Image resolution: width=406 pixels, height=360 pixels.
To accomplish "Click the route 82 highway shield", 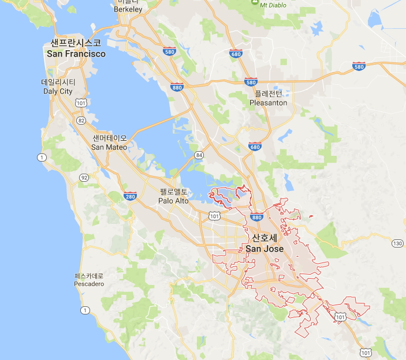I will pyautogui.click(x=81, y=120).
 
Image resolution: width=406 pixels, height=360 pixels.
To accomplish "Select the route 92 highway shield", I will pyautogui.click(x=84, y=178).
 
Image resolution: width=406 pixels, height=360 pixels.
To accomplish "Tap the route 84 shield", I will pyautogui.click(x=199, y=155).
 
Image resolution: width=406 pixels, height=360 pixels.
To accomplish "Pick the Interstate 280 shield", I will pyautogui.click(x=130, y=197).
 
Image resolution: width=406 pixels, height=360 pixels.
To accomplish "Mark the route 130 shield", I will pyautogui.click(x=397, y=243).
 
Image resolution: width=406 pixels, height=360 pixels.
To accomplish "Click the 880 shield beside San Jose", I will pyautogui.click(x=256, y=217).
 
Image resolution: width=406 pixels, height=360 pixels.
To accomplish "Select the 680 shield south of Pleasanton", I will pyautogui.click(x=254, y=147).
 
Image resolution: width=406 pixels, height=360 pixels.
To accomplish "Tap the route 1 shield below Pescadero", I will pyautogui.click(x=85, y=311).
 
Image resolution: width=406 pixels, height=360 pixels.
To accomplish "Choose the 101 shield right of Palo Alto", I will pyautogui.click(x=214, y=216).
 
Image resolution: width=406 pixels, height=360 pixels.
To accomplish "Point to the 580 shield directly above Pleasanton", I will pyautogui.click(x=250, y=82).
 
